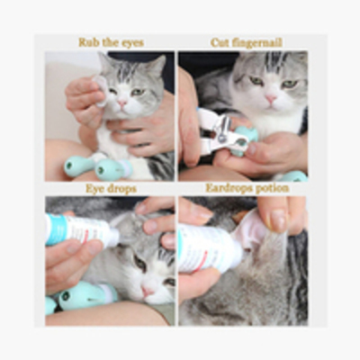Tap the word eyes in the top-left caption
click(x=132, y=43)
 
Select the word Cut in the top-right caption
click(x=218, y=42)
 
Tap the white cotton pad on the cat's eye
click(x=102, y=90)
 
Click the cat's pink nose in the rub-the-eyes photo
click(x=122, y=103)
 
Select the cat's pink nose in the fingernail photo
click(x=271, y=98)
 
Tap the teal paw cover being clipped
click(x=246, y=140)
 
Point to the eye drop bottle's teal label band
click(x=57, y=229)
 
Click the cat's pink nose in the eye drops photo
click(x=148, y=291)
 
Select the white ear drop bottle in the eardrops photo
click(x=210, y=248)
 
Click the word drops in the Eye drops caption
click(x=122, y=189)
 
